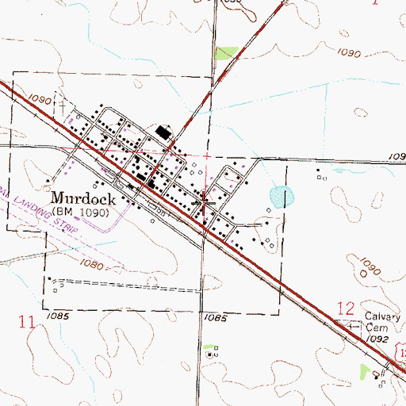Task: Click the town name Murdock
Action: (84, 199)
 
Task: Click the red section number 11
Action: (26, 322)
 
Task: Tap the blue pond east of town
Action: (281, 194)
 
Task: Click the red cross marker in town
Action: (205, 204)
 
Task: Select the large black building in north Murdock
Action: (164, 132)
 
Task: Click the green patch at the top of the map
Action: (227, 52)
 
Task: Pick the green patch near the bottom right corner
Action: (365, 370)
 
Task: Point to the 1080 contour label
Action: (94, 264)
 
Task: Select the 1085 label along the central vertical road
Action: (214, 316)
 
